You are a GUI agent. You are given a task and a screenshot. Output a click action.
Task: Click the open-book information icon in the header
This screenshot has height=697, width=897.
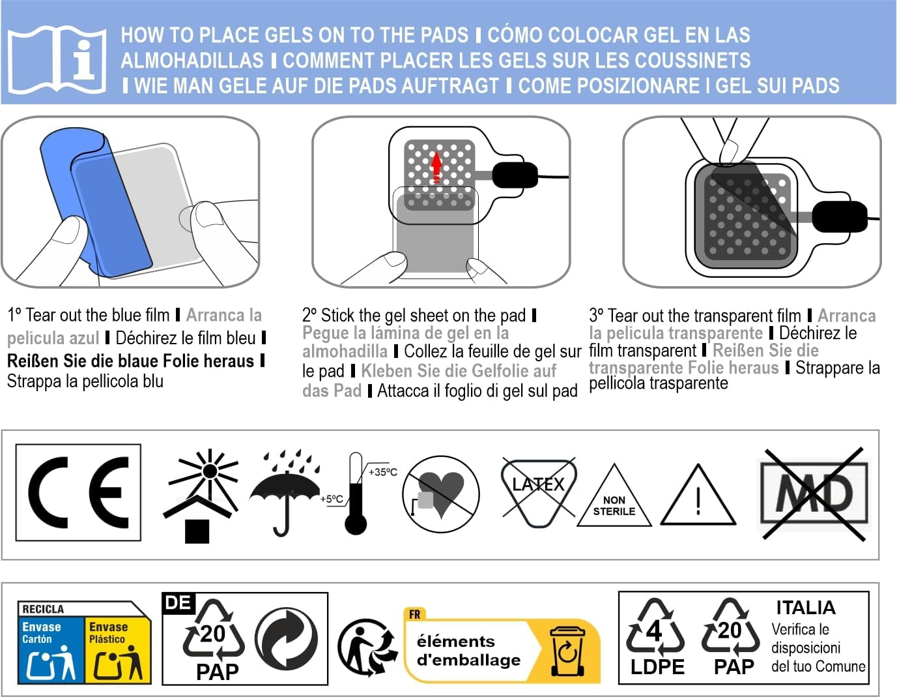[57, 60]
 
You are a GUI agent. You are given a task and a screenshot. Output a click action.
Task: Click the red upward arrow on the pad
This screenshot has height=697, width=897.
[436, 168]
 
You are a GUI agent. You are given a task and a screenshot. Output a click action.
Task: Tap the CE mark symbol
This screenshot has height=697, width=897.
[78, 492]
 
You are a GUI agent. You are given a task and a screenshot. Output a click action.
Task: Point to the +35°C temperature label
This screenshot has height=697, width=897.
[382, 472]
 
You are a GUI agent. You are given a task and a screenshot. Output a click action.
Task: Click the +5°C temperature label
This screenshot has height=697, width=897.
[332, 499]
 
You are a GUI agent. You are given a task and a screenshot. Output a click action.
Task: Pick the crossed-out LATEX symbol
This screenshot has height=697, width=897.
[538, 492]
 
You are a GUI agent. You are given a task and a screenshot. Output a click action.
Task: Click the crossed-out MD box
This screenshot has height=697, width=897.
[814, 494]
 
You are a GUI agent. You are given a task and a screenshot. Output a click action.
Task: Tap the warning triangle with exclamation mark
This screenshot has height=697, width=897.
[698, 496]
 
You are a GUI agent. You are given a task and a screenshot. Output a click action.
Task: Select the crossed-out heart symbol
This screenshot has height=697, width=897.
[441, 494]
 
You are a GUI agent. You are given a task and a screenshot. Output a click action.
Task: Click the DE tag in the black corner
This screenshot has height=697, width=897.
[178, 603]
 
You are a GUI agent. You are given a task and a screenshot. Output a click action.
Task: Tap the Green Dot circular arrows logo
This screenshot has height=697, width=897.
[286, 639]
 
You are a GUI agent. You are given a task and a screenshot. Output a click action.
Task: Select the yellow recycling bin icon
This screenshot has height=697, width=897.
[567, 651]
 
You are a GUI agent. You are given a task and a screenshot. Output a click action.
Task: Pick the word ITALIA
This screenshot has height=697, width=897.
[806, 608]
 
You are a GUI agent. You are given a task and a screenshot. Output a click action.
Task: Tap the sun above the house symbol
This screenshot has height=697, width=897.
[210, 471]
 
